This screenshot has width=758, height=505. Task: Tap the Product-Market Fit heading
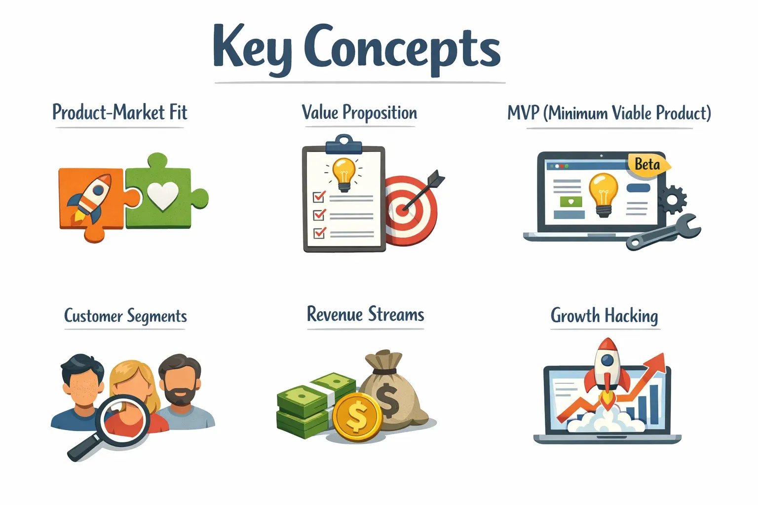pos(120,112)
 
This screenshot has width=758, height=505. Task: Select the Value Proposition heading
pos(359,112)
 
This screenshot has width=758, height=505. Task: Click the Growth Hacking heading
pos(605,316)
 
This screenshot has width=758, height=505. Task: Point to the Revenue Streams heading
pos(366,314)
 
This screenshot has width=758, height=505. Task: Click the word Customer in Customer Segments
pos(93,316)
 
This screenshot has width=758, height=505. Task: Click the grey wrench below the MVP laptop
pos(664,232)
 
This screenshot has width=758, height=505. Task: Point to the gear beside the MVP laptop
pos(673,200)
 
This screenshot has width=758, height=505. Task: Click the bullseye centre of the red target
pos(402,211)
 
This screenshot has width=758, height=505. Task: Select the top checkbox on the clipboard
pos(319,196)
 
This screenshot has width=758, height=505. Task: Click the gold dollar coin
pos(357,417)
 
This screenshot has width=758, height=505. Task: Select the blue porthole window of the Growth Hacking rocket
pos(607,360)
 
